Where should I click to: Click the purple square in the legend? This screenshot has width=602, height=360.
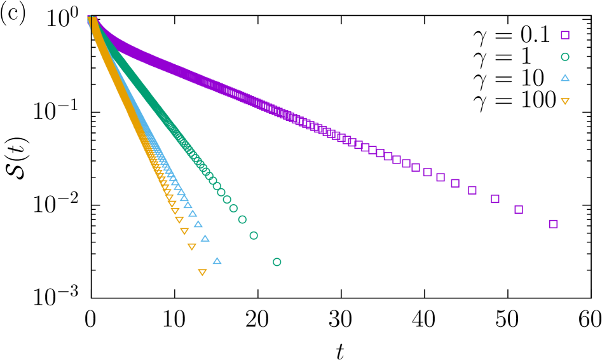[564, 35]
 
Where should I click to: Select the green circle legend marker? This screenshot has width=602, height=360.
[564, 57]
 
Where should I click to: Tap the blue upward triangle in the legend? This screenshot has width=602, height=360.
[564, 78]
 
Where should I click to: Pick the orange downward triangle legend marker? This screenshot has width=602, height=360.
[564, 100]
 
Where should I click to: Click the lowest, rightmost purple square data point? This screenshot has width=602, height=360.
[553, 224]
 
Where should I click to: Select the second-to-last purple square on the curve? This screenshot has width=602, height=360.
[519, 209]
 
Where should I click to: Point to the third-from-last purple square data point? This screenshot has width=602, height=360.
[495, 199]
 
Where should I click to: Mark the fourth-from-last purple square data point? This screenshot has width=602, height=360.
[472, 190]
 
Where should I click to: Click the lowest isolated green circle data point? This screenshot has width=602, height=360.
[277, 262]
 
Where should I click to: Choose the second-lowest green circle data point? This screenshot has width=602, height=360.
[254, 235]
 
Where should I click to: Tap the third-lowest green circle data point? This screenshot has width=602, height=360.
[242, 219]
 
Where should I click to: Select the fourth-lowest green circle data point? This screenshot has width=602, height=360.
[233, 208]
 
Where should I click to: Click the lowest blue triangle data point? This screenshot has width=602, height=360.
[217, 261]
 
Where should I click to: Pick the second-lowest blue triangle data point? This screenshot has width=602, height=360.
[205, 239]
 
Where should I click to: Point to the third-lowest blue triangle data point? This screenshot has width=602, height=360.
[198, 224]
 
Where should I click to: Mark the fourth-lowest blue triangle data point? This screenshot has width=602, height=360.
[192, 213]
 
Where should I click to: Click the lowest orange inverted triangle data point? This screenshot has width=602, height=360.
[202, 272]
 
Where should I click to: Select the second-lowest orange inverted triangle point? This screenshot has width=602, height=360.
[191, 247]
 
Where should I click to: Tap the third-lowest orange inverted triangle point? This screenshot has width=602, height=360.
[184, 231]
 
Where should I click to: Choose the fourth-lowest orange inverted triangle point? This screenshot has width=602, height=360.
[179, 219]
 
